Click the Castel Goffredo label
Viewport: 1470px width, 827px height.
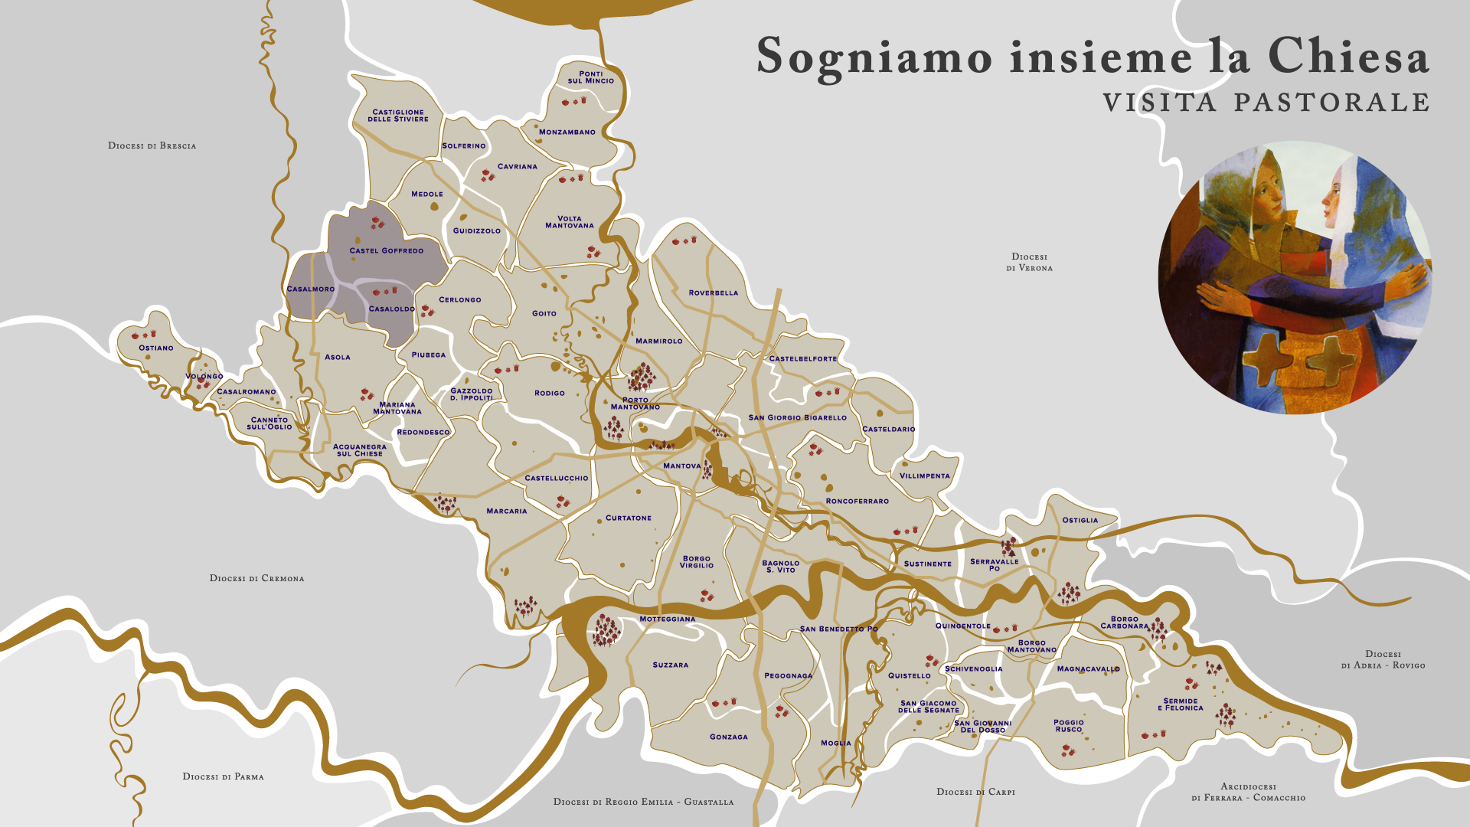point(386,250)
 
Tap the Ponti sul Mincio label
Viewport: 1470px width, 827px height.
point(590,77)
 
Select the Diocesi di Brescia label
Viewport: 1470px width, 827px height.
point(152,145)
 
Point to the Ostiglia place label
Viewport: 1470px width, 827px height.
point(1080,520)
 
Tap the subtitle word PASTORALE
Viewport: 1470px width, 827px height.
point(1331,103)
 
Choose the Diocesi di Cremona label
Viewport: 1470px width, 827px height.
point(256,578)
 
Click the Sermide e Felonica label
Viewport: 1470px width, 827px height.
point(1180,704)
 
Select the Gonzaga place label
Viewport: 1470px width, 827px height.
point(728,737)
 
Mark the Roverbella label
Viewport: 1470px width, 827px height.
point(713,293)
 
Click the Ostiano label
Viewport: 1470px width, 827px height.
point(155,348)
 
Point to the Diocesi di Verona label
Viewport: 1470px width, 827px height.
point(1029,262)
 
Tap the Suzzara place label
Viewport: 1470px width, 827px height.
point(670,665)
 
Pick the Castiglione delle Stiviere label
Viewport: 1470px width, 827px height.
point(398,116)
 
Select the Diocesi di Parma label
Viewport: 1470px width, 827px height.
point(223,776)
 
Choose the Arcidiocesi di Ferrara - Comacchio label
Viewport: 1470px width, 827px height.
point(1248,792)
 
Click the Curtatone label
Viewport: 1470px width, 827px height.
point(628,518)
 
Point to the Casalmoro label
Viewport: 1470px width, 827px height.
point(310,289)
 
